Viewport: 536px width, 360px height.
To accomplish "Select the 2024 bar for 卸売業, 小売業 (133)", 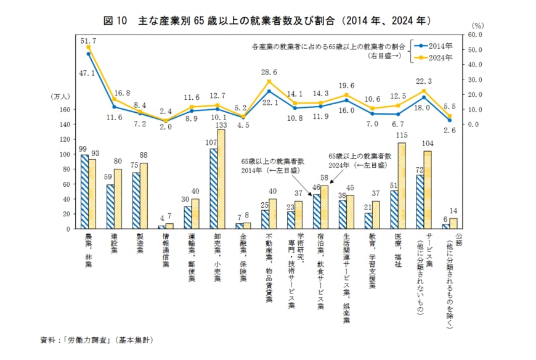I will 221,179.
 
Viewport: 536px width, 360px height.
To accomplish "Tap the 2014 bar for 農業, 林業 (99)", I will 84,191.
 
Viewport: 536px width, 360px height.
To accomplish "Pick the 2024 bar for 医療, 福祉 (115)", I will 402,186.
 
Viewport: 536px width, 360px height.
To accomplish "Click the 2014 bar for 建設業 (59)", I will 110,207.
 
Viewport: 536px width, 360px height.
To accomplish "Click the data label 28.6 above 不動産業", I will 269,72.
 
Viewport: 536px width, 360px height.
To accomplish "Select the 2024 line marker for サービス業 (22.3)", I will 423,91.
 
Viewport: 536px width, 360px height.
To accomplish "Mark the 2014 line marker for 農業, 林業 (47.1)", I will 89,54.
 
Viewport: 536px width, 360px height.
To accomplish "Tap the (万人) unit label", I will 61,97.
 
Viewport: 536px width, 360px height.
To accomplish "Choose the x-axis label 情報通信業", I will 166,250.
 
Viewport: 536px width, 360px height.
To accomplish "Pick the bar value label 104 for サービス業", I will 428,143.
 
